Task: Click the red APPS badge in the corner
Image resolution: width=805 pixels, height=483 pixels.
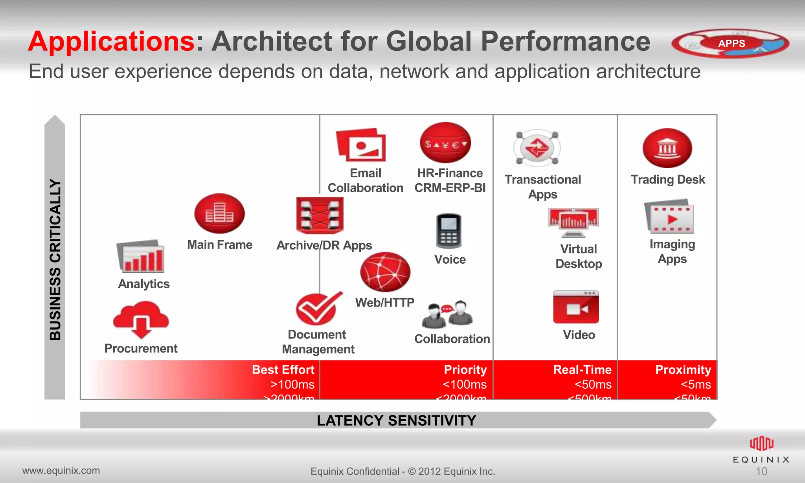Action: tap(731, 43)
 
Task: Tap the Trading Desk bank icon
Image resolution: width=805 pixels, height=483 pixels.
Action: tap(667, 148)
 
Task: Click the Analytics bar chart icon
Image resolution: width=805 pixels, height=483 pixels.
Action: tap(141, 256)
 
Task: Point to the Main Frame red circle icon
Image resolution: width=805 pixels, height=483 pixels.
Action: tap(219, 213)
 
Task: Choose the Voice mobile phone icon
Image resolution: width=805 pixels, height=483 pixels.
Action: tap(449, 231)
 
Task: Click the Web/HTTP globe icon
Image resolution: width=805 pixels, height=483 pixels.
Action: tap(385, 272)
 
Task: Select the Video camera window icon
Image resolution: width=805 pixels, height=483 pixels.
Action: tap(576, 307)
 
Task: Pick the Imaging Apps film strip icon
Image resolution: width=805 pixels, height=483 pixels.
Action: tap(669, 217)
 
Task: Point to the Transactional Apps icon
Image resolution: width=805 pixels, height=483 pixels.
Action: tap(537, 148)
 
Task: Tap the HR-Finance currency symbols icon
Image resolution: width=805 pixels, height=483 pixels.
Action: tap(445, 143)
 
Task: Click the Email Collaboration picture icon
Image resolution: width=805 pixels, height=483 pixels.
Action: tap(361, 145)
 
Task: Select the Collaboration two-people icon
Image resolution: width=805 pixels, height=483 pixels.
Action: tap(447, 314)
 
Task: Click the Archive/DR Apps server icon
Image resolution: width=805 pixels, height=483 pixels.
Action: tap(320, 215)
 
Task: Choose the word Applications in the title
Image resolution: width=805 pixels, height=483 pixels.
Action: tap(112, 41)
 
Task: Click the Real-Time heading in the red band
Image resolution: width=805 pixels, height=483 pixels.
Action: tap(582, 370)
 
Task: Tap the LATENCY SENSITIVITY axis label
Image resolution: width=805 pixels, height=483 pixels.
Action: tap(396, 421)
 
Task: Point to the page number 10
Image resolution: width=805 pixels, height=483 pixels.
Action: tap(761, 471)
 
